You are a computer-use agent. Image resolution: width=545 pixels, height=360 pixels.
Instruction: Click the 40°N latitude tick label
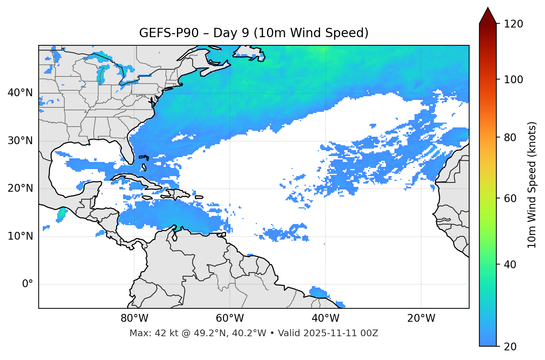coord(20,93)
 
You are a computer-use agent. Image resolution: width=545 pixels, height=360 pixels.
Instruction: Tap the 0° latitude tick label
coord(28,284)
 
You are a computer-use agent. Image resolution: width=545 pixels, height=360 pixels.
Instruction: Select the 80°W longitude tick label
coord(134,318)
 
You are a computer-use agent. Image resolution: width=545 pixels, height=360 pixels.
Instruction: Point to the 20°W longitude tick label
coord(421,318)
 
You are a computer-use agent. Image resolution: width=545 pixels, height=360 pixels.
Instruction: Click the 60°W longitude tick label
coord(230,318)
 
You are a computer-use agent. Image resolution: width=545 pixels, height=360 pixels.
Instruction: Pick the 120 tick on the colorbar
coord(513,24)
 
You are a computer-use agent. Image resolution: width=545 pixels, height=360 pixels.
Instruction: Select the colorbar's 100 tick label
coord(513,80)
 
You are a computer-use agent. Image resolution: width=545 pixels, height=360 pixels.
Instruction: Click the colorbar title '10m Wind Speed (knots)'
coord(532,185)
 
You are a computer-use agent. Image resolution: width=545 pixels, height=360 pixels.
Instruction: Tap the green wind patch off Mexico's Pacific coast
coord(62,213)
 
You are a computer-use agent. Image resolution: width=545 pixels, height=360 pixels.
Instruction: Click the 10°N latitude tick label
coord(20,236)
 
